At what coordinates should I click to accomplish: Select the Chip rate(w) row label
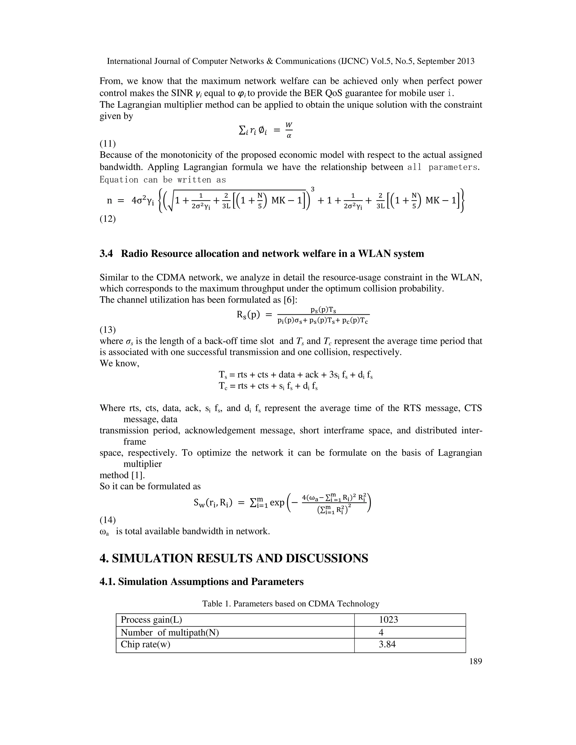145,644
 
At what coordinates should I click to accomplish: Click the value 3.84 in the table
387,644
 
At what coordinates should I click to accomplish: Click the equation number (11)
107,143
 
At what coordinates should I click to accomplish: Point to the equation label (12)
107,219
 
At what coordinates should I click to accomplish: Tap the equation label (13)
107,329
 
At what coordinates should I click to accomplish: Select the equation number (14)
107,520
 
